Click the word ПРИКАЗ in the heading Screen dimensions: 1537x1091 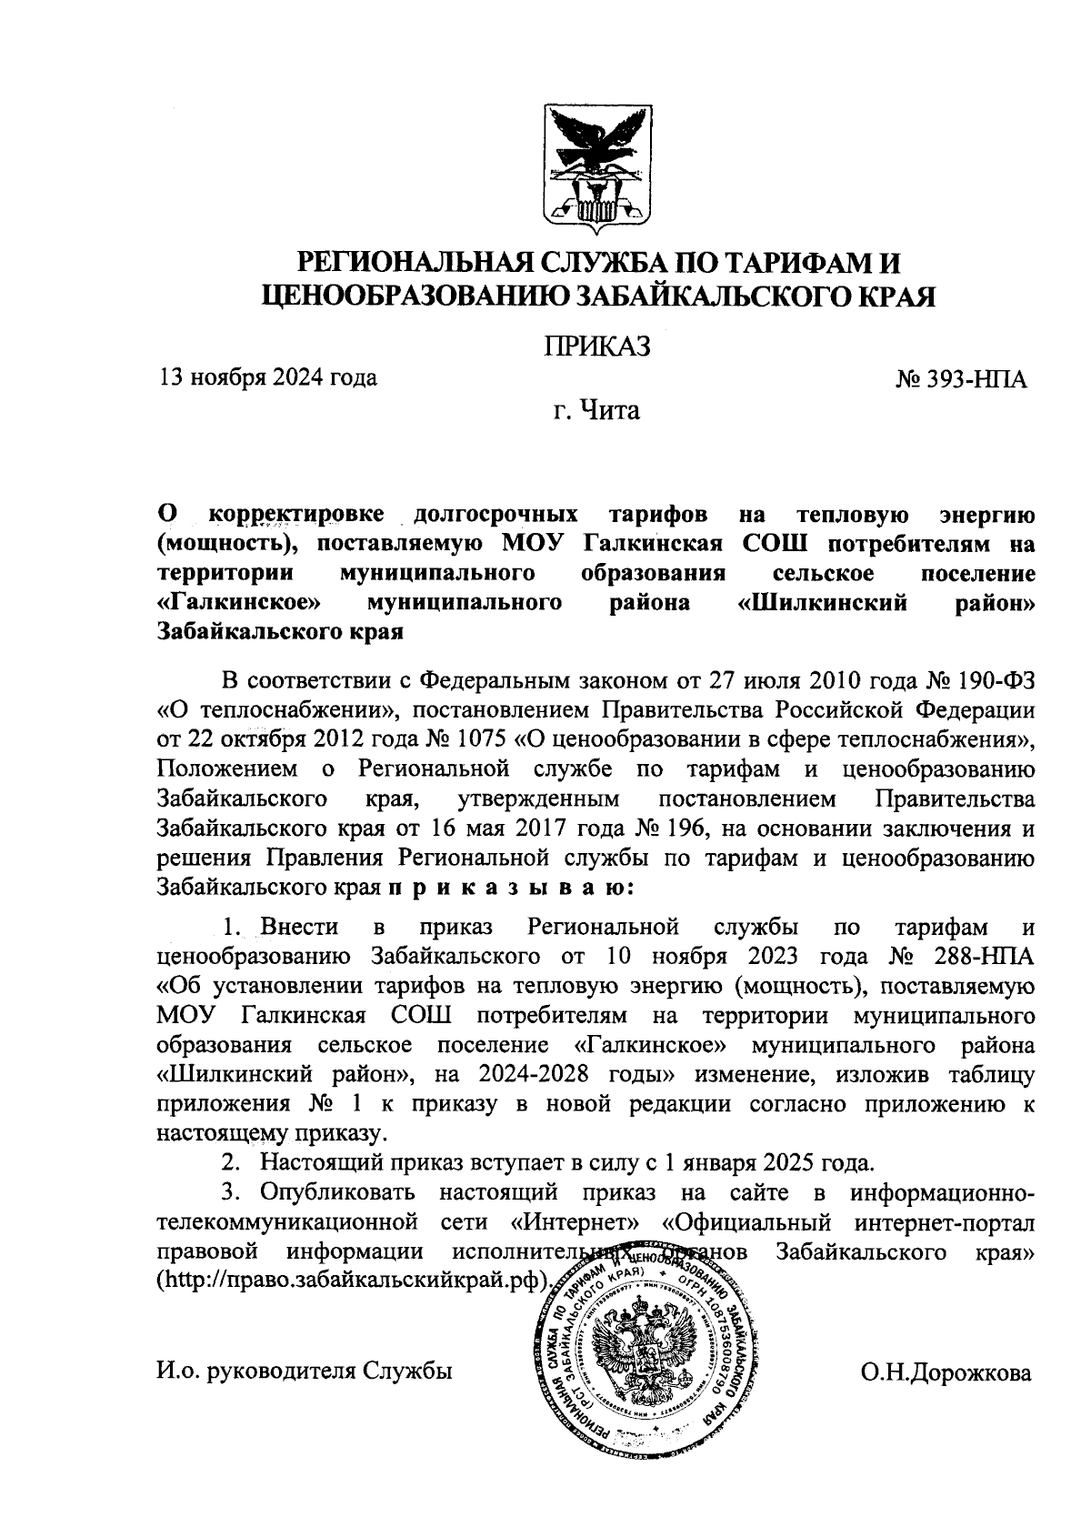(x=597, y=347)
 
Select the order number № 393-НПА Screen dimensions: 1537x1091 (x=961, y=379)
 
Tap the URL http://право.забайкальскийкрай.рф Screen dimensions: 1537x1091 (x=353, y=1279)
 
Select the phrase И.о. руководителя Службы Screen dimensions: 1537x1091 (x=304, y=1372)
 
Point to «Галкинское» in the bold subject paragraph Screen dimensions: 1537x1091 (x=240, y=603)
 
